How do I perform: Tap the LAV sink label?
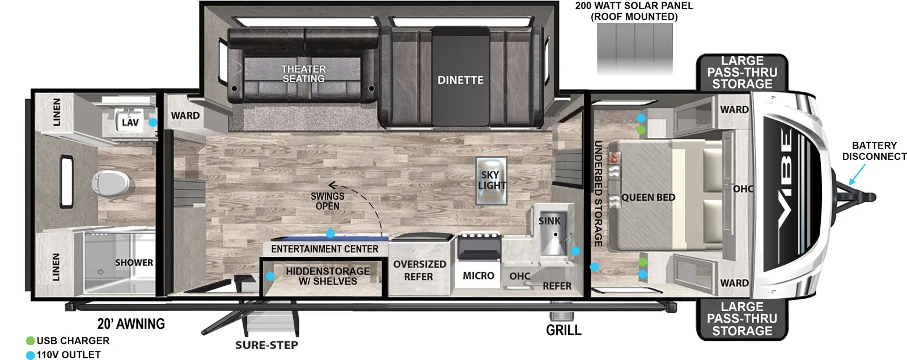pyautogui.click(x=130, y=122)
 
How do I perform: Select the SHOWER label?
pyautogui.click(x=134, y=262)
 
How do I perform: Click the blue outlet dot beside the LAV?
pyautogui.click(x=152, y=122)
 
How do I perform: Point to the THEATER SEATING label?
pyautogui.click(x=304, y=74)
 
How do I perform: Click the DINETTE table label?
pyautogui.click(x=460, y=80)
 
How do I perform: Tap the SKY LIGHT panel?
pyautogui.click(x=491, y=180)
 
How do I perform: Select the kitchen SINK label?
pyautogui.click(x=549, y=221)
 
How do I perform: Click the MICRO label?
pyautogui.click(x=478, y=276)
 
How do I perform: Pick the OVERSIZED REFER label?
pyautogui.click(x=419, y=270)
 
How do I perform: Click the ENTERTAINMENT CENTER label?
pyautogui.click(x=325, y=249)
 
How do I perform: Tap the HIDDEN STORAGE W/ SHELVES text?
pyautogui.click(x=328, y=276)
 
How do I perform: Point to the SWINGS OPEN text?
pyautogui.click(x=328, y=201)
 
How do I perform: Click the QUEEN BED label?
pyautogui.click(x=649, y=197)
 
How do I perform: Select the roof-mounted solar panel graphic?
pyautogui.click(x=635, y=49)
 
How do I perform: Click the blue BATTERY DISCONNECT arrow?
pyautogui.click(x=857, y=174)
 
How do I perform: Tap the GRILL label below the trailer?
pyautogui.click(x=563, y=330)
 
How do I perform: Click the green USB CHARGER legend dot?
pyautogui.click(x=31, y=341)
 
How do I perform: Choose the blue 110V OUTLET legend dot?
pyautogui.click(x=31, y=355)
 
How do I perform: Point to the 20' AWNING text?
pyautogui.click(x=131, y=324)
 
